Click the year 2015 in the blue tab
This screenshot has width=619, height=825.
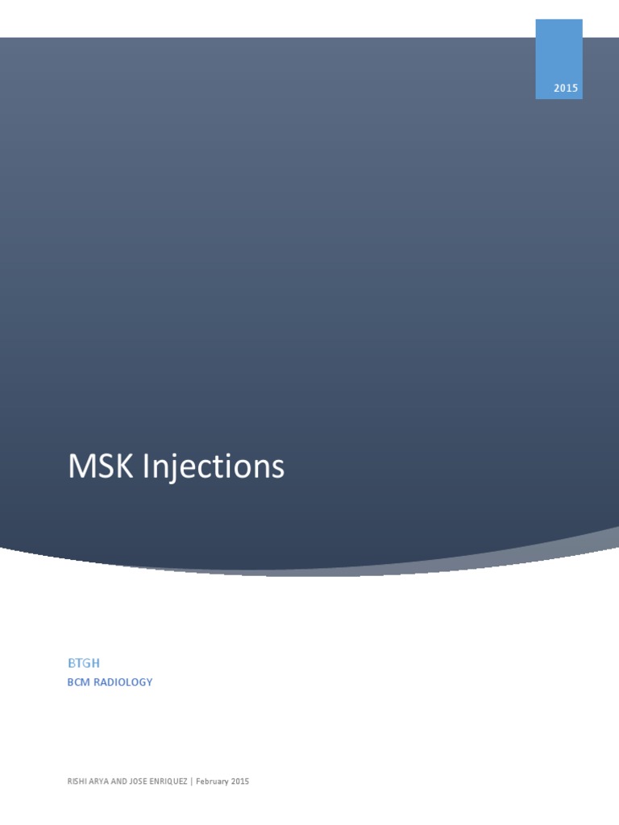(566, 89)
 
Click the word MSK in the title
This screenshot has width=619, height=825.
(102, 467)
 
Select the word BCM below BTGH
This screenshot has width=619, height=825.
(79, 682)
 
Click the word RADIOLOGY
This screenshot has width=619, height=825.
(124, 682)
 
